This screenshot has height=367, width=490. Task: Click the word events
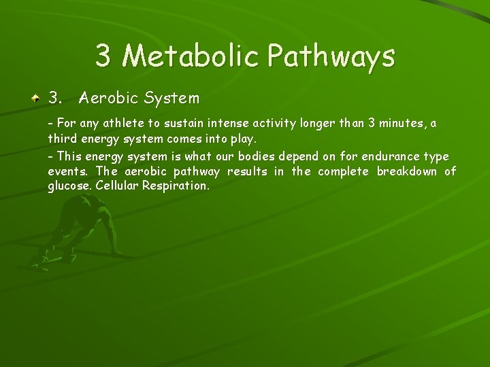tap(68, 171)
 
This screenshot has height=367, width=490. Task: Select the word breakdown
tap(407, 171)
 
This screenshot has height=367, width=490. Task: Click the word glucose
tap(69, 185)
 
